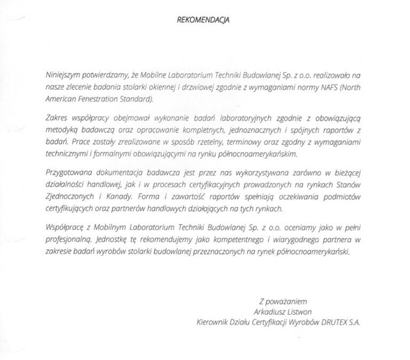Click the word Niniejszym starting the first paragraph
64,77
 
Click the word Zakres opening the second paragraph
57,117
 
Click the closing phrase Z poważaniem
283,300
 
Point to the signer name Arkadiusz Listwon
283,311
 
